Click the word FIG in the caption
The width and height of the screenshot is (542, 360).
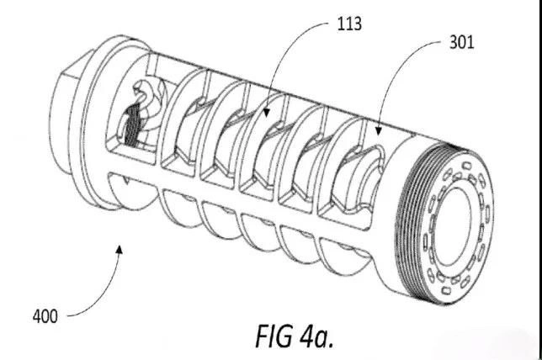(277, 334)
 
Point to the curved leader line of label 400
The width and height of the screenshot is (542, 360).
(101, 299)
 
